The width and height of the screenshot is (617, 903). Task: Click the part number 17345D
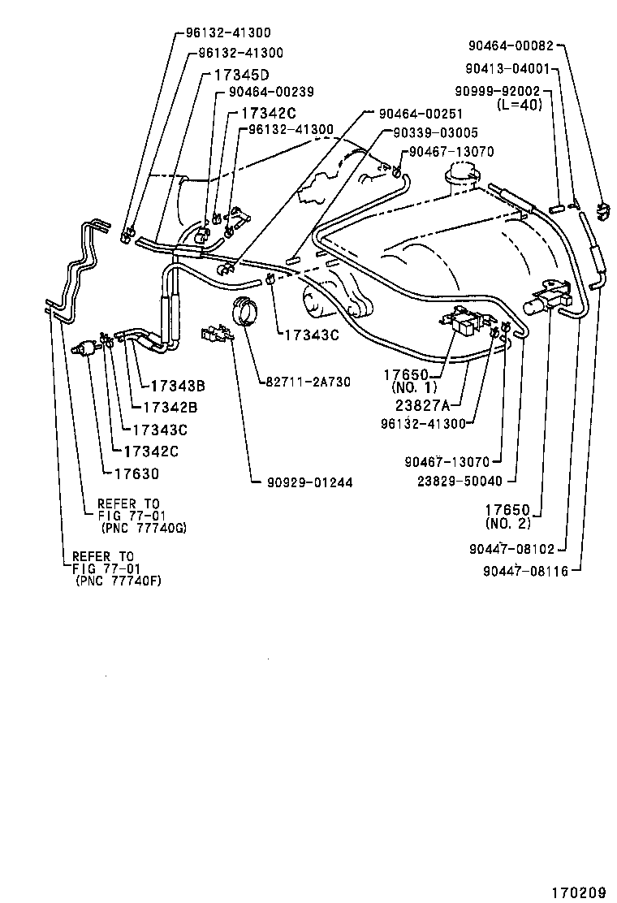pos(241,74)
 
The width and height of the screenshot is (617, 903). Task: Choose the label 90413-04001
pos(509,69)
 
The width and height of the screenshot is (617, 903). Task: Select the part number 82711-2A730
pos(307,382)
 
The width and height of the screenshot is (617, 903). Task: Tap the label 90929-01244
pos(309,482)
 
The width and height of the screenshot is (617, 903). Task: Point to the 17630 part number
pos(136,474)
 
